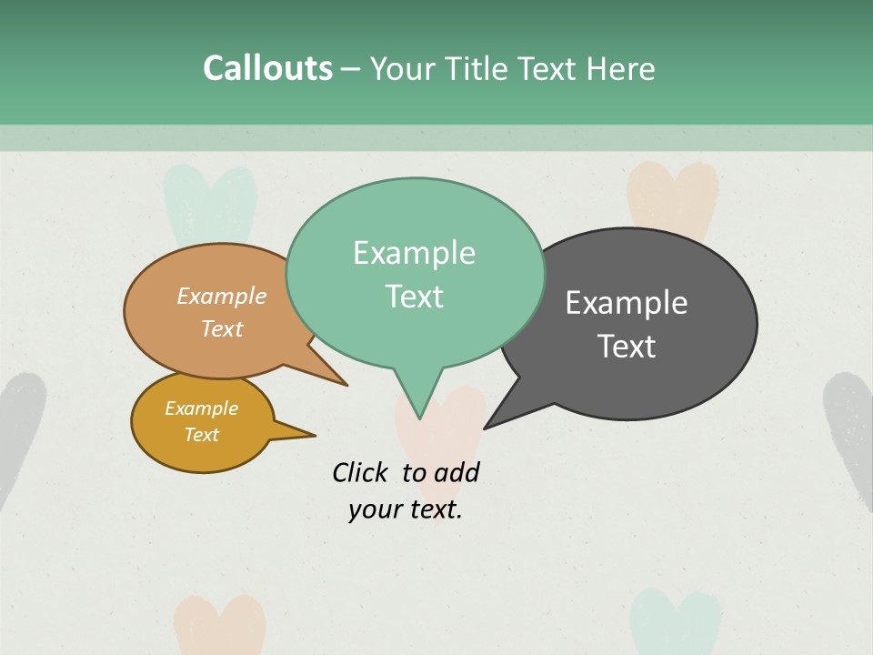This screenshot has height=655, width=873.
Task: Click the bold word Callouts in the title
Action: (267, 68)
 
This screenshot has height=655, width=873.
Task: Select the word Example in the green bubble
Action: (414, 253)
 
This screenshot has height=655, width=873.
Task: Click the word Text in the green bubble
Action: (414, 297)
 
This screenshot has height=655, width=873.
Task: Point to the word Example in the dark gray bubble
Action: (627, 303)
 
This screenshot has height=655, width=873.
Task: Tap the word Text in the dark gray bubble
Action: (627, 347)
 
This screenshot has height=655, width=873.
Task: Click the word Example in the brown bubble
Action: (222, 297)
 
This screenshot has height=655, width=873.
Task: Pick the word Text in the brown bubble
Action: (222, 328)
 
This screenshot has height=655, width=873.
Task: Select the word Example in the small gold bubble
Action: (201, 408)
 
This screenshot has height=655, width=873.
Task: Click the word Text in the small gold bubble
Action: (201, 435)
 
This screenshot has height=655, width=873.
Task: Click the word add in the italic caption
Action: (456, 472)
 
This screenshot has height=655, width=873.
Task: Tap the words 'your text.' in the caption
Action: (405, 509)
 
